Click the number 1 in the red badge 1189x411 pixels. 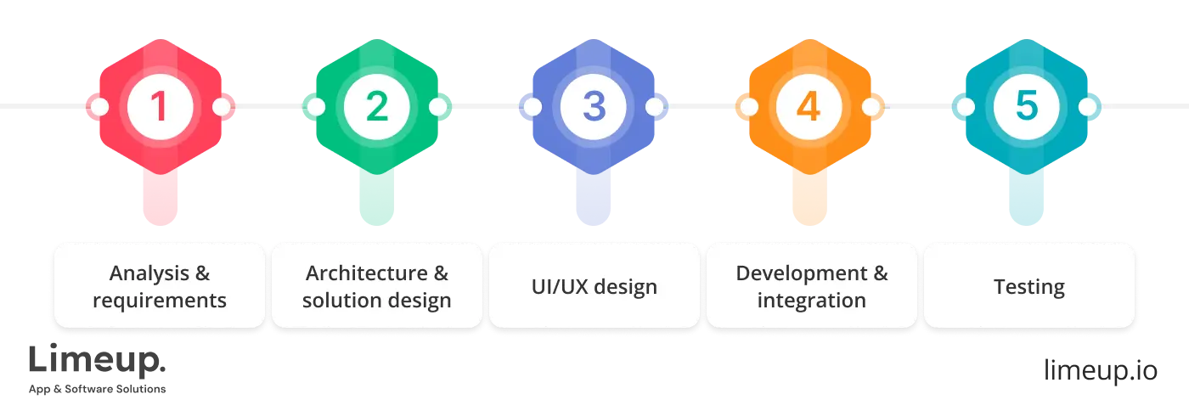(x=160, y=107)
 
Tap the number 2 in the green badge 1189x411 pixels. (x=377, y=107)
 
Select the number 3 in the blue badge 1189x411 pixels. (x=594, y=107)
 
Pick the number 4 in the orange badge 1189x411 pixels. (x=810, y=107)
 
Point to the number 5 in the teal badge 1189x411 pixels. (x=1028, y=107)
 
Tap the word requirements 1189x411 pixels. (x=160, y=301)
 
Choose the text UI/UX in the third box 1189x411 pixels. (x=554, y=286)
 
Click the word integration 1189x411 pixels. (x=811, y=301)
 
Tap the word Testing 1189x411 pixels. (x=1028, y=287)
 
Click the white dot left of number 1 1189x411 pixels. (x=99, y=107)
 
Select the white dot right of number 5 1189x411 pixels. (x=1089, y=107)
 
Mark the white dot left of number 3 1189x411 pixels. (x=533, y=107)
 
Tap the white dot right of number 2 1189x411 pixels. (x=438, y=107)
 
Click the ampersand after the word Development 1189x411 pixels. (x=879, y=273)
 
